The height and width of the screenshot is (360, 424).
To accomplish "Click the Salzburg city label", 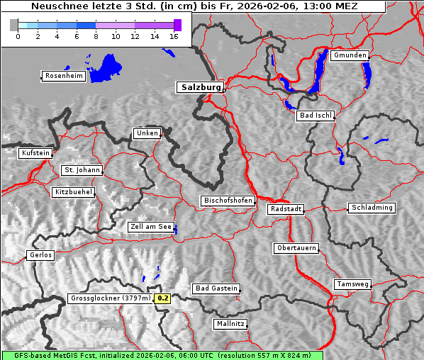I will [199, 87].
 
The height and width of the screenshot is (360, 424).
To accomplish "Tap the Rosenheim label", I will [63, 76].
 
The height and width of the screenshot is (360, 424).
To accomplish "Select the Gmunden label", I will [350, 55].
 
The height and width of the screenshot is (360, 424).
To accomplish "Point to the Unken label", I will [146, 133].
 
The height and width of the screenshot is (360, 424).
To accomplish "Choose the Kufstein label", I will [35, 153].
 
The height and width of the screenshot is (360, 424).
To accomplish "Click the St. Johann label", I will [82, 170].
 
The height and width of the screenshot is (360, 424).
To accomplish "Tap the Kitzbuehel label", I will [73, 192].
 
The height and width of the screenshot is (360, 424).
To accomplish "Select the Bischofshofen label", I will [228, 201].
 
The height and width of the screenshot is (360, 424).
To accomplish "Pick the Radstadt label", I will [286, 209].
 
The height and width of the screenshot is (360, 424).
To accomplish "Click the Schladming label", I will [372, 208].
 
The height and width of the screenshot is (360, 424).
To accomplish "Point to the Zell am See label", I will [151, 227].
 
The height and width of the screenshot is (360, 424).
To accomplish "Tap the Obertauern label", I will [296, 248].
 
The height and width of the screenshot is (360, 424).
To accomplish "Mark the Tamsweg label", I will [352, 284].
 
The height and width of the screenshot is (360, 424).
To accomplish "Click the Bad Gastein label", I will [216, 288].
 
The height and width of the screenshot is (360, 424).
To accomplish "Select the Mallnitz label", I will [230, 324].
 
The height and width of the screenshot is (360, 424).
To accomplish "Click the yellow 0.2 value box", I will [163, 298].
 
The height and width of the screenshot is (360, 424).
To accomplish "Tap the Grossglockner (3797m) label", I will [111, 298].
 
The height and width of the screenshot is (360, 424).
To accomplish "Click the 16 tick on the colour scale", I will [174, 37].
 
